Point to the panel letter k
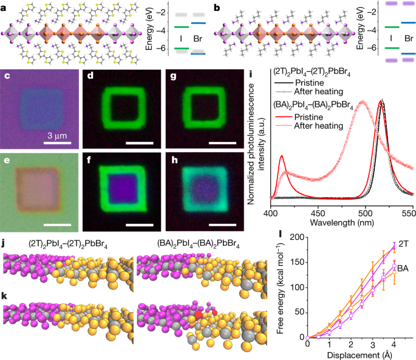coord(5,283)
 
